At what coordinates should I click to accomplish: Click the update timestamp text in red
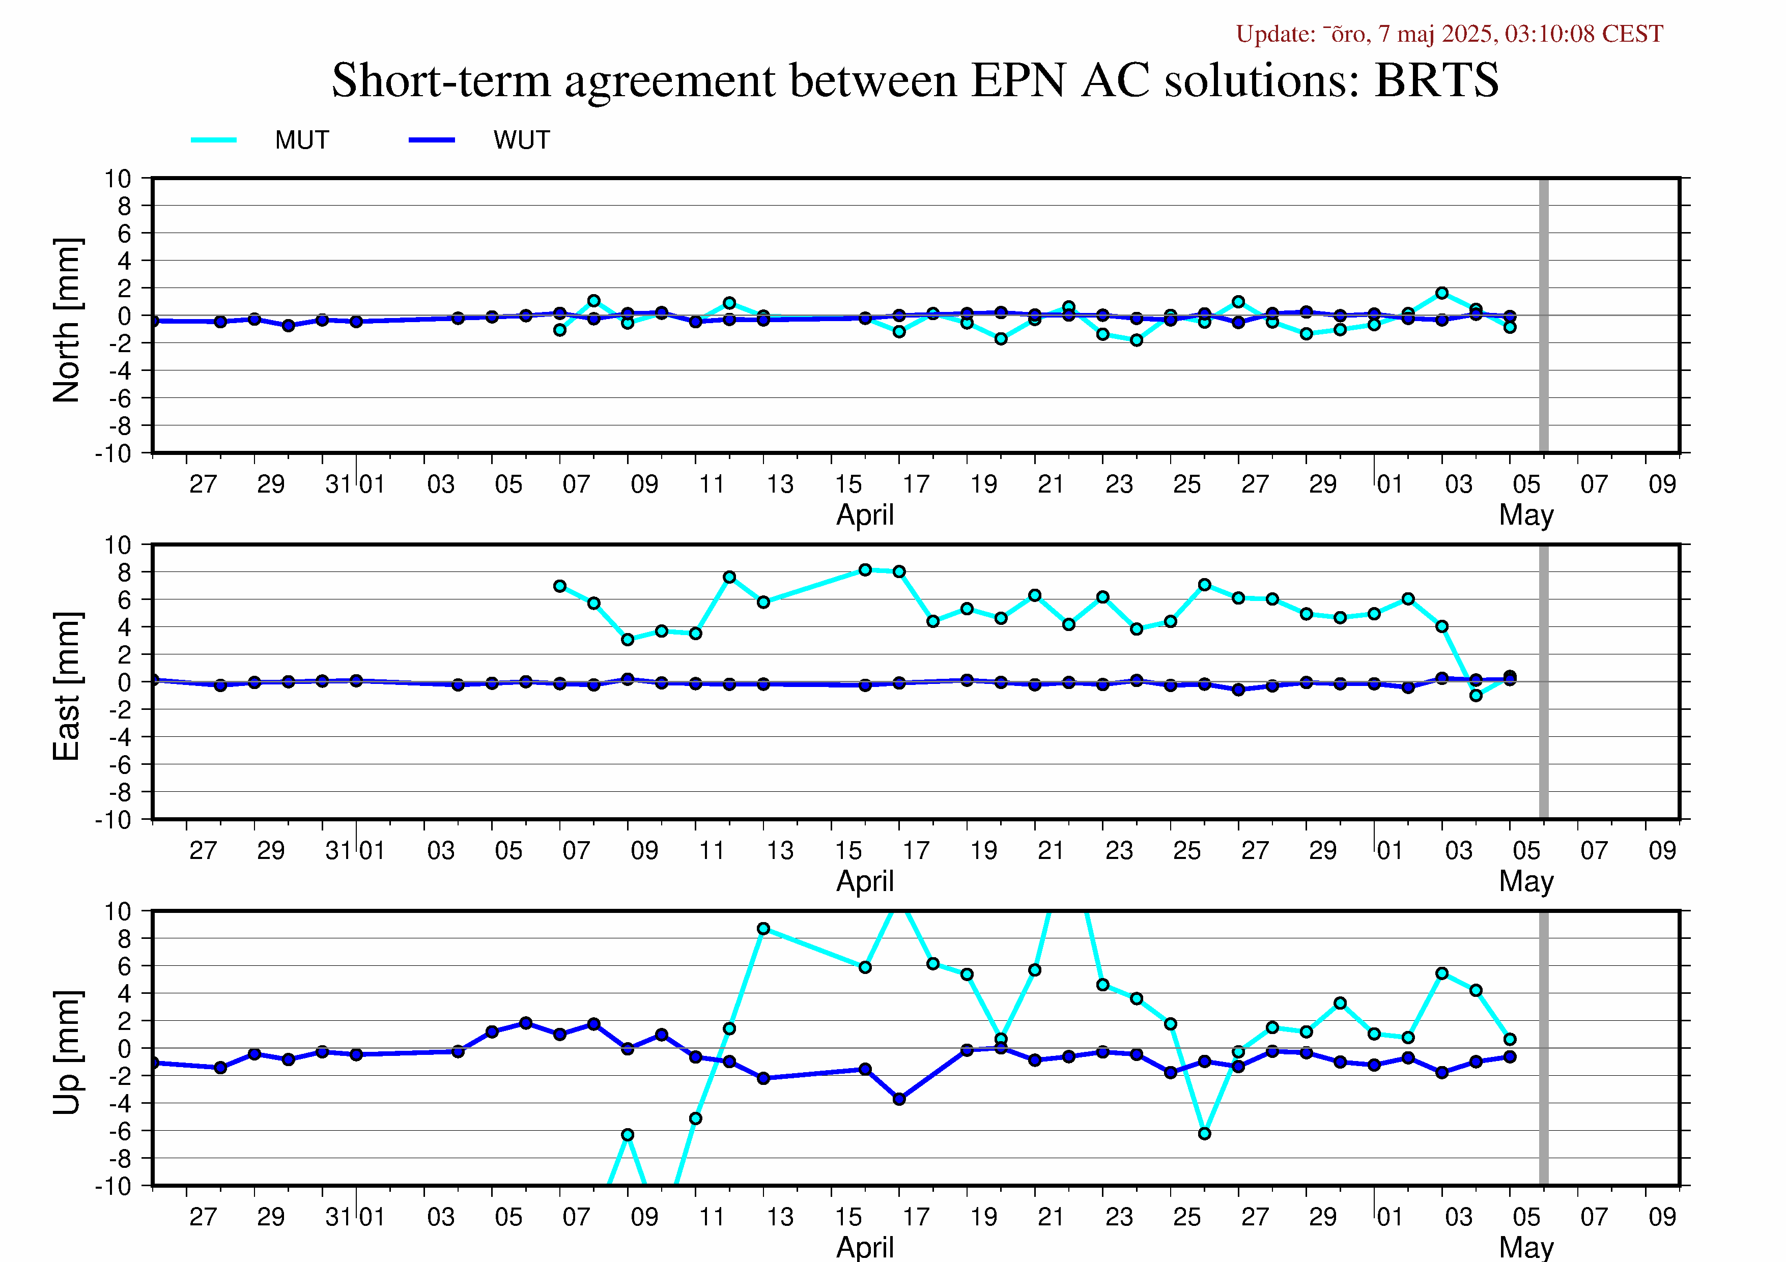(x=1449, y=34)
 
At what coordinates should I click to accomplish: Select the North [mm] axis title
(x=67, y=321)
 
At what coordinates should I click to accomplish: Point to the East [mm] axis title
(x=67, y=686)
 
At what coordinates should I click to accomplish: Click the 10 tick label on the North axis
(x=118, y=179)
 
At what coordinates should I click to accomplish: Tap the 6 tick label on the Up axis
(x=125, y=966)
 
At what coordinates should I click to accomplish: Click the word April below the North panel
(x=865, y=515)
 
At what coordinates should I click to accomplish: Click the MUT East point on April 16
(x=865, y=570)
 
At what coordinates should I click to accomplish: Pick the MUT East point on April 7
(x=560, y=586)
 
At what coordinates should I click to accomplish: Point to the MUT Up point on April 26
(x=1204, y=1134)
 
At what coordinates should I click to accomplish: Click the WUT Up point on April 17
(x=899, y=1099)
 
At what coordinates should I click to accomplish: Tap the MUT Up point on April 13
(x=763, y=928)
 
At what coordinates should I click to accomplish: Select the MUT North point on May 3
(x=1442, y=293)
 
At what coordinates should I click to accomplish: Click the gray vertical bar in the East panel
(x=1544, y=682)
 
